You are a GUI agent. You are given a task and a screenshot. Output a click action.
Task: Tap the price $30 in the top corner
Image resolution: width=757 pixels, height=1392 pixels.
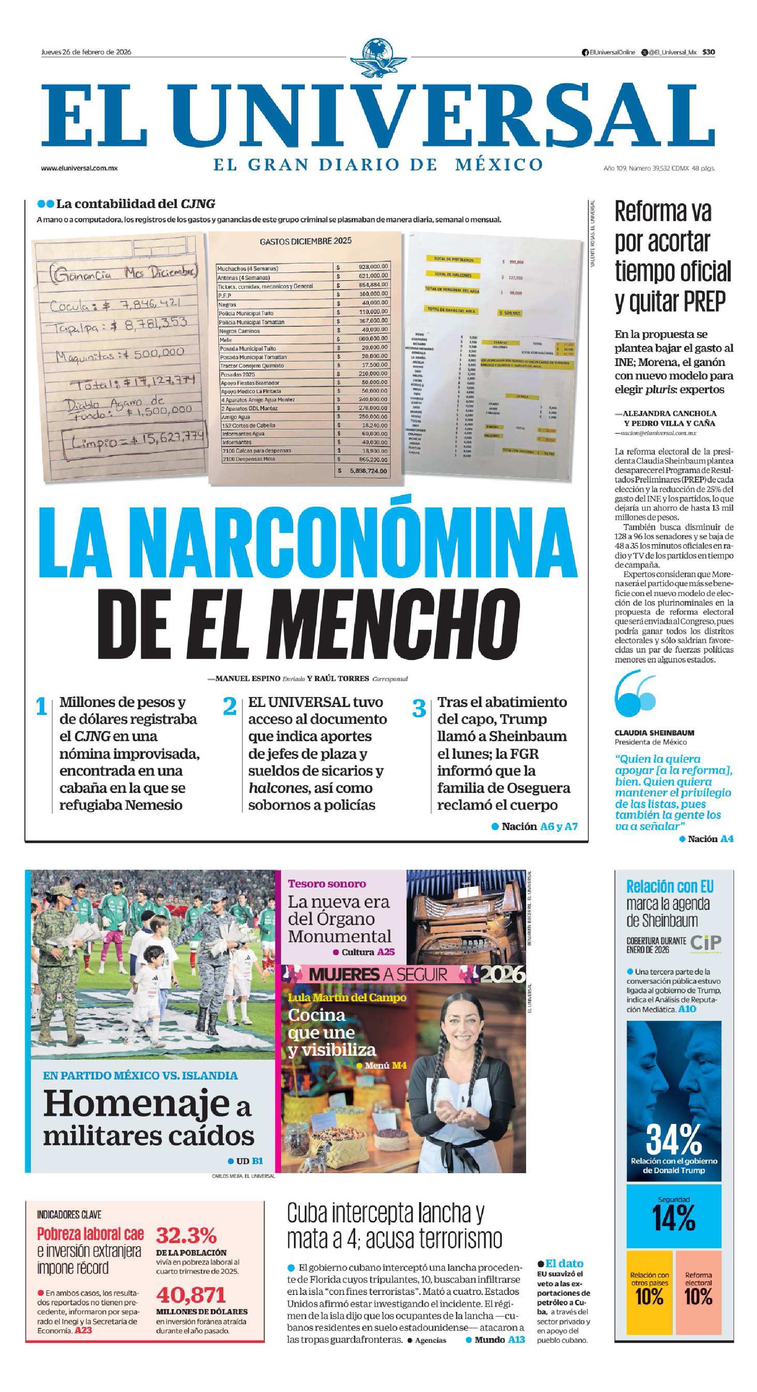708,52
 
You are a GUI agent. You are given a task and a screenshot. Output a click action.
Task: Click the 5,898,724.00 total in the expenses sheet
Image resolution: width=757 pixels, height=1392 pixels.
368,470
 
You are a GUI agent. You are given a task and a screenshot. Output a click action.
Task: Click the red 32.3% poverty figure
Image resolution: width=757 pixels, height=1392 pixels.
186,1236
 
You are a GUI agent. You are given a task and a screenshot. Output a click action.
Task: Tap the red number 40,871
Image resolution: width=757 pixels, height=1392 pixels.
191,1295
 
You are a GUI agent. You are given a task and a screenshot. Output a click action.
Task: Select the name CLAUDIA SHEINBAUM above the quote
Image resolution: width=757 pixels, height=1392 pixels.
654,733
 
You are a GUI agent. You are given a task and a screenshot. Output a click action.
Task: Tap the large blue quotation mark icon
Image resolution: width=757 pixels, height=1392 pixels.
635,693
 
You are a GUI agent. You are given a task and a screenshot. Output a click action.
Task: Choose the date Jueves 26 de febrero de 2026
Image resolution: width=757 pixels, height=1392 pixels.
86,52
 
